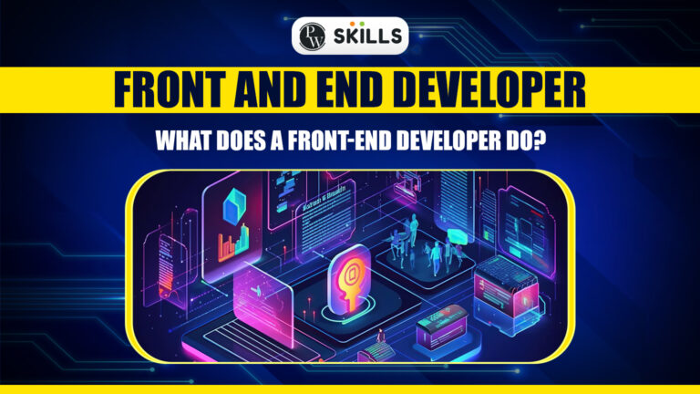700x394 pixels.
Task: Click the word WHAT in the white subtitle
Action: click(183, 142)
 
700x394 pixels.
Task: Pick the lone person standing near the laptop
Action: click(380, 342)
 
